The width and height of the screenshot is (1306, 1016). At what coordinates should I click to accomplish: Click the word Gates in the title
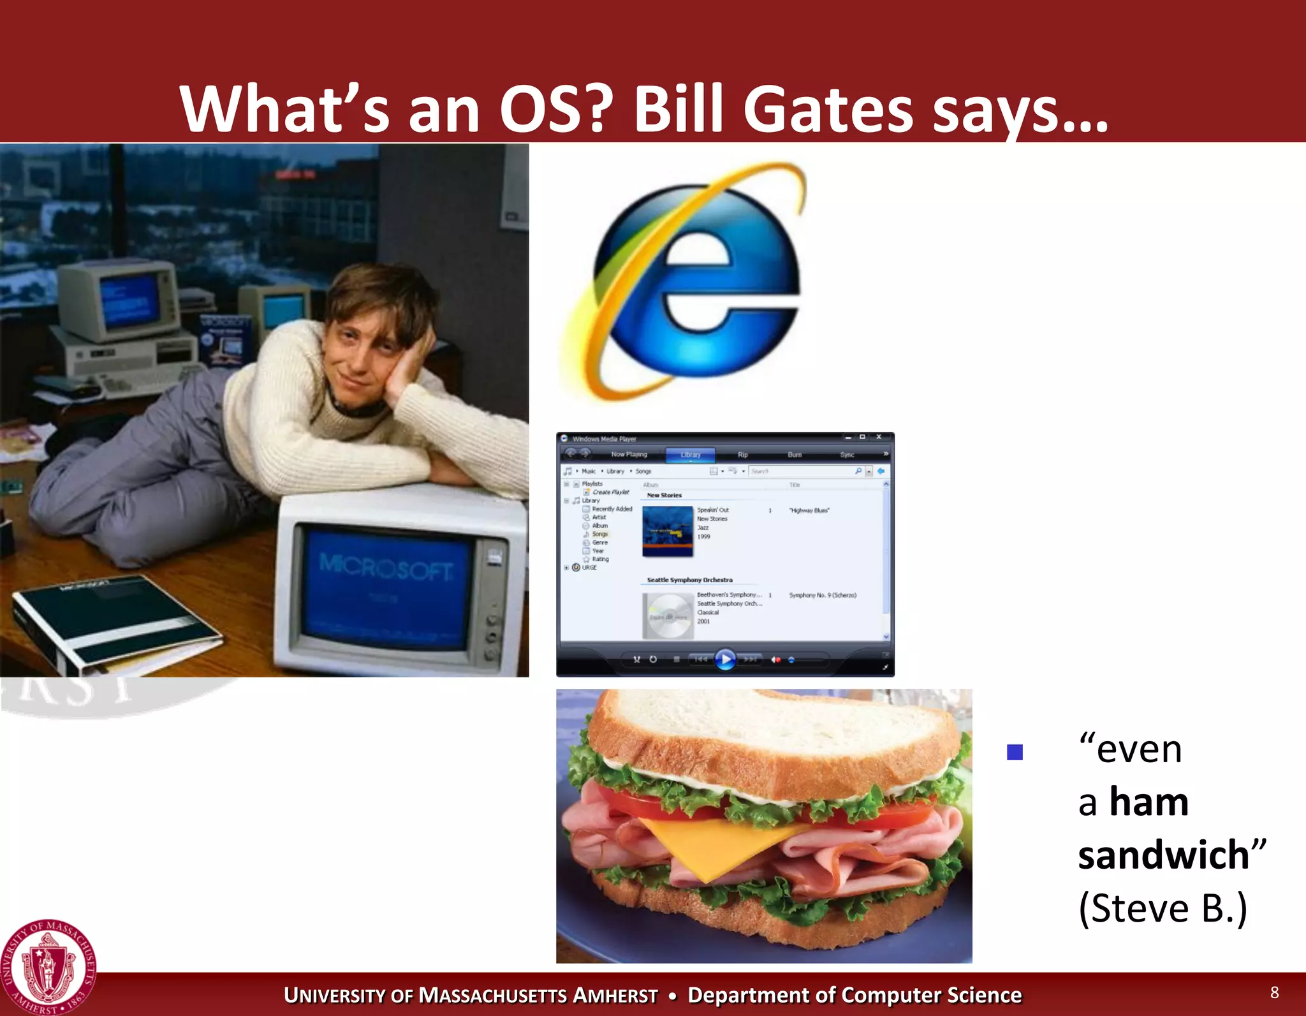point(827,110)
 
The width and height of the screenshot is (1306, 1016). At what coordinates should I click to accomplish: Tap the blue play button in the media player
point(725,659)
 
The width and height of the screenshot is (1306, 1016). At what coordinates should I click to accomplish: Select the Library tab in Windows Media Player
point(690,455)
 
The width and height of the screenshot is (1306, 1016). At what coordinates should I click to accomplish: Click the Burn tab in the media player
point(795,455)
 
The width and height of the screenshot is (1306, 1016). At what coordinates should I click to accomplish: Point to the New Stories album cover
point(667,531)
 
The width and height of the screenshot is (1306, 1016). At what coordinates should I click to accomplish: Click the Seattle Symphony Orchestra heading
point(689,580)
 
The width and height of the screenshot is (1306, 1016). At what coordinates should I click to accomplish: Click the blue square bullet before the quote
point(1015,753)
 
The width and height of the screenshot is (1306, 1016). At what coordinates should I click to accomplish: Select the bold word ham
point(1149,802)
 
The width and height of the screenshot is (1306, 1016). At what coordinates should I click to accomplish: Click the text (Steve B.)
point(1163,908)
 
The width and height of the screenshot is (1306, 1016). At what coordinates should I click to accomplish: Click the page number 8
point(1274,992)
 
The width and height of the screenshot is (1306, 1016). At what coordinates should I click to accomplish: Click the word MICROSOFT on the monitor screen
point(386,566)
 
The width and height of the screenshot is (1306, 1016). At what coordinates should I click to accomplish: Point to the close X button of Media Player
point(879,438)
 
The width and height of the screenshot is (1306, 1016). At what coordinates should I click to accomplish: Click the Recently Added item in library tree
point(612,509)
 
